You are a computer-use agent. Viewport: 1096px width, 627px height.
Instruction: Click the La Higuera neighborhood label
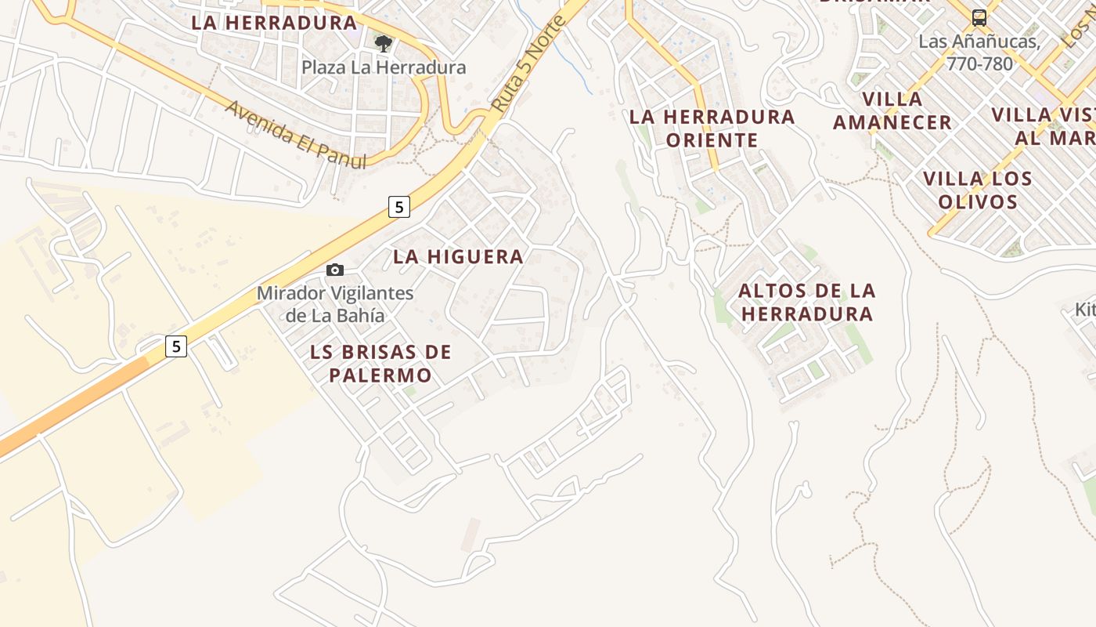(x=458, y=256)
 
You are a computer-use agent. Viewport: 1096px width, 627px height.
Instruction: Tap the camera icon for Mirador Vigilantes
(x=335, y=270)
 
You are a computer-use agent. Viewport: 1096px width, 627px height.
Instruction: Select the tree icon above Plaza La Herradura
(x=383, y=43)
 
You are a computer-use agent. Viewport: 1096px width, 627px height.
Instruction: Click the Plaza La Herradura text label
(x=384, y=67)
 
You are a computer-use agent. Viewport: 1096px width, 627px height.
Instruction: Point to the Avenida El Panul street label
(x=296, y=134)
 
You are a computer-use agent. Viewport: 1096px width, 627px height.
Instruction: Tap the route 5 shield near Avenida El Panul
(x=398, y=207)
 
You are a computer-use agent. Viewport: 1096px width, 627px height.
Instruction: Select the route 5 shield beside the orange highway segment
(x=176, y=346)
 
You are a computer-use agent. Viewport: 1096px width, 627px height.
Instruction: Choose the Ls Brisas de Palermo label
(x=380, y=364)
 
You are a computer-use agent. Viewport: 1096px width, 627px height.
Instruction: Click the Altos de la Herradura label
(x=807, y=303)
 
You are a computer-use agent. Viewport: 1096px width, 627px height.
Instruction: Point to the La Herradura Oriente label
(x=712, y=129)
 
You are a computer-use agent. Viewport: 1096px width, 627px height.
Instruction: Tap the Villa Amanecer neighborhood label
(x=892, y=111)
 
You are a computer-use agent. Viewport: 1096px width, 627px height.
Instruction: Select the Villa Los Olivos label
(x=978, y=190)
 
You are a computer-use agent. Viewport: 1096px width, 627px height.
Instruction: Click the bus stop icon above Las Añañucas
(x=979, y=17)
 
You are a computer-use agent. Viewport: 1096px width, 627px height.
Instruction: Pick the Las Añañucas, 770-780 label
(x=979, y=53)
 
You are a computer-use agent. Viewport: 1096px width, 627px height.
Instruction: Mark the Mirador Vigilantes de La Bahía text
(x=335, y=305)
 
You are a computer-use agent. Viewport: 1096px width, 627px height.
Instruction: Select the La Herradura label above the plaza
(x=274, y=23)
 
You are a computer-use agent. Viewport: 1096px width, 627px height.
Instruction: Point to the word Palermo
(x=380, y=375)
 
